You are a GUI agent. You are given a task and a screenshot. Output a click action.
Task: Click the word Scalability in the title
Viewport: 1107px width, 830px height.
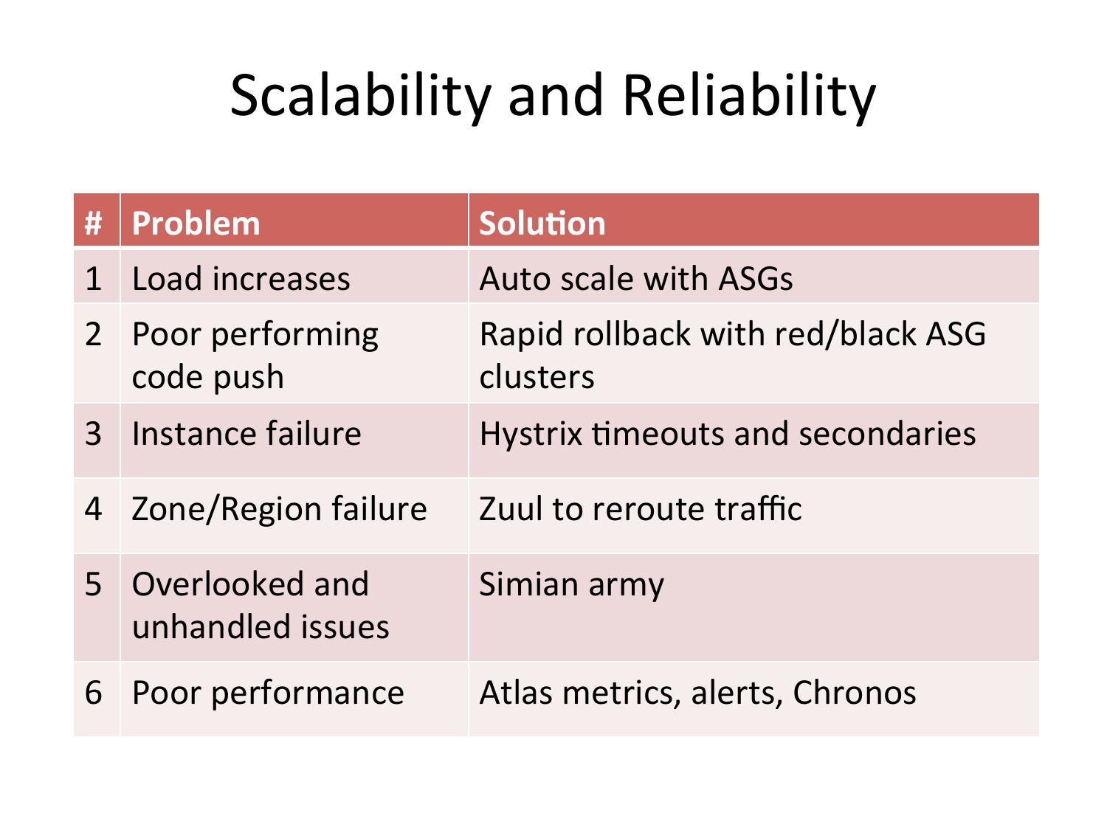360,96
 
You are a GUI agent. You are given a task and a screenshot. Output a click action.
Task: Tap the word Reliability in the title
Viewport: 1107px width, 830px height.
749,96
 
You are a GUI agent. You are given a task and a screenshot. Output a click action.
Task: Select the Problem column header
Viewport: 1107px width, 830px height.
196,224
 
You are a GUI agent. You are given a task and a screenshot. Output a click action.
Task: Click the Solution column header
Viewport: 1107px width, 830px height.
542,224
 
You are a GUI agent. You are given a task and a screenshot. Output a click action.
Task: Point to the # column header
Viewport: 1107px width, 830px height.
93,224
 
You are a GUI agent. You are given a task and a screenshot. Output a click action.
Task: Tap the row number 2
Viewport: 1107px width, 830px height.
93,334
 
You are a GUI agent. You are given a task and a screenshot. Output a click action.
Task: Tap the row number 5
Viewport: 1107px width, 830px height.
93,584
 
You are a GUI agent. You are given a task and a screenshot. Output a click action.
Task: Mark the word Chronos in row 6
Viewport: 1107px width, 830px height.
855,693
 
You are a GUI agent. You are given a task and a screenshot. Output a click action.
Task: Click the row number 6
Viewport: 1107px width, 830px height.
93,693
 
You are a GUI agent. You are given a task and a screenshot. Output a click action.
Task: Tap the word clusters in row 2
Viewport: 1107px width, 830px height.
537,377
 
